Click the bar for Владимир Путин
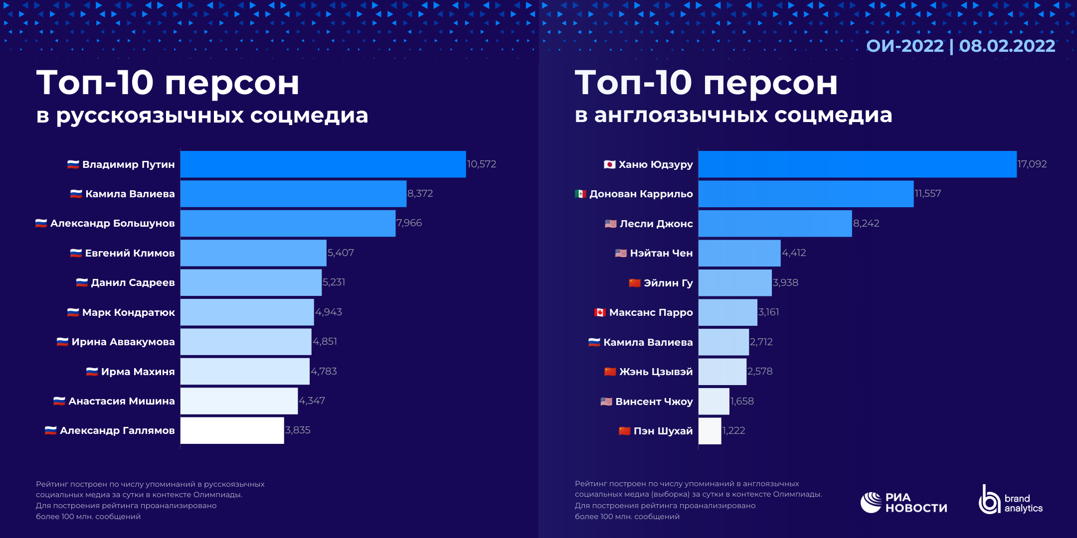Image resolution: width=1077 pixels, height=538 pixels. point(323,164)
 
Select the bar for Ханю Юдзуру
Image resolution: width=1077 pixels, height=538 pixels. point(857,164)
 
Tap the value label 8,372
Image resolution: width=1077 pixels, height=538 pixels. point(420,194)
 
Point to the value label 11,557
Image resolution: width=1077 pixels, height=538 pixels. point(927,194)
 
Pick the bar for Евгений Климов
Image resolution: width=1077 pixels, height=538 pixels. point(253,253)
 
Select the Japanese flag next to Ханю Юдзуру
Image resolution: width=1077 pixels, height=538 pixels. point(609,164)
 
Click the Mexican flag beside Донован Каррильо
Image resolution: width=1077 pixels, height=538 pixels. point(580,194)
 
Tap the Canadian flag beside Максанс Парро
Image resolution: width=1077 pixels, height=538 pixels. point(600,312)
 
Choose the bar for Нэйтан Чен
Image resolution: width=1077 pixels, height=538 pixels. point(739,253)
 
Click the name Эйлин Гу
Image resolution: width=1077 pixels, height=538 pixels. point(668,283)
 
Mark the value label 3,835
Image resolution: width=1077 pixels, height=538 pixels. point(298,430)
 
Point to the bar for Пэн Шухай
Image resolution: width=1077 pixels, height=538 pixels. point(710,431)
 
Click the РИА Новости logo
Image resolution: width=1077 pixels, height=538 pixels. point(903,503)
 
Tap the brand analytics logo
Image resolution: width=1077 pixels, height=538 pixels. point(1011,500)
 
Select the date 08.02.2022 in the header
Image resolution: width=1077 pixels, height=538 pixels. point(1007,46)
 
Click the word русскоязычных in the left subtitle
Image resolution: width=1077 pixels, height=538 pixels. point(150,116)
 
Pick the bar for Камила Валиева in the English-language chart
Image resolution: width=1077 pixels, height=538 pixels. point(723,342)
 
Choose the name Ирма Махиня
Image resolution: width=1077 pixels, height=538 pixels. point(138,372)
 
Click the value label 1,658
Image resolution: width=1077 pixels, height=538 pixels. point(742,402)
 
